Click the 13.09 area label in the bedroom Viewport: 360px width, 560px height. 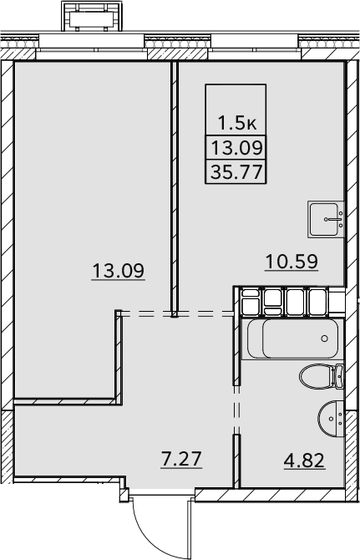point(118,270)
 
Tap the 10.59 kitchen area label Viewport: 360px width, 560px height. point(292,262)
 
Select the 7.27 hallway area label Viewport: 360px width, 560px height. point(181,459)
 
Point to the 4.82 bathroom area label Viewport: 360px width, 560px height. point(304,461)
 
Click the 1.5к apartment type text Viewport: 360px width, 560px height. point(237,124)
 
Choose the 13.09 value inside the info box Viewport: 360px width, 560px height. point(237,147)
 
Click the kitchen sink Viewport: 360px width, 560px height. point(326,219)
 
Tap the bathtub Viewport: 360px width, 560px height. point(292,339)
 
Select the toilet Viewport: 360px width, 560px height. point(322,377)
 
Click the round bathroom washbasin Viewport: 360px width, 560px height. point(331,419)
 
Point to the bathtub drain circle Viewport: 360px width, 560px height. point(324,339)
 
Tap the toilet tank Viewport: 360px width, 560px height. point(339,377)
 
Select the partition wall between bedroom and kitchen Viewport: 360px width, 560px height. point(174,189)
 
